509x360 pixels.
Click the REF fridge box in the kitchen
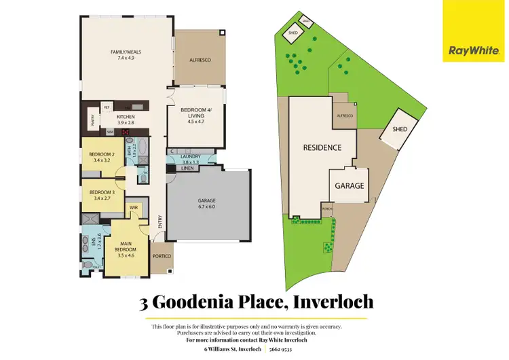[107, 107]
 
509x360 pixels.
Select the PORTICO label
[162, 256]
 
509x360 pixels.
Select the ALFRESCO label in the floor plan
[200, 60]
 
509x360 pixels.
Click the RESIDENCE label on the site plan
[322, 147]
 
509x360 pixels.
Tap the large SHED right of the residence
[398, 130]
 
